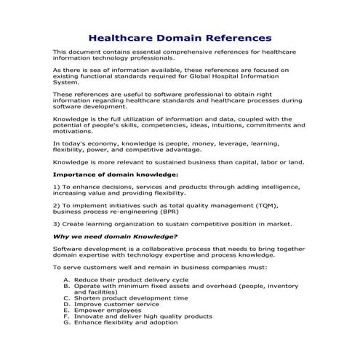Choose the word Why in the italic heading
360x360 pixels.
coord(62,236)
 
